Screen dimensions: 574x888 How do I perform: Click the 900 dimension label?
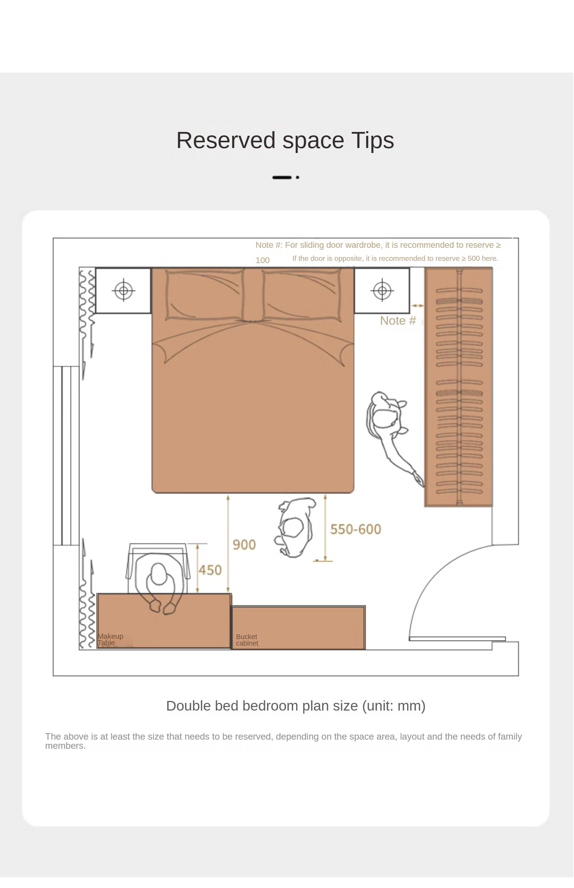click(244, 545)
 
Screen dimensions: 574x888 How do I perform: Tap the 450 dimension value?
click(210, 570)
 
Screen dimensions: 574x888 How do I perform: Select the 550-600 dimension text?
click(355, 529)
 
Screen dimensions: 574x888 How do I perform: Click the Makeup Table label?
click(110, 639)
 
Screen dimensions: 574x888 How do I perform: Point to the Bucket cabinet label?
click(247, 640)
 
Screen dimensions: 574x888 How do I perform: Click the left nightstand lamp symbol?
click(124, 291)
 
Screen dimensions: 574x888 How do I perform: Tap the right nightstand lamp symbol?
click(382, 291)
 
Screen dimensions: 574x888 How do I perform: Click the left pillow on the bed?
click(205, 294)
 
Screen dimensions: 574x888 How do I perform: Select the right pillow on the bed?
click(302, 294)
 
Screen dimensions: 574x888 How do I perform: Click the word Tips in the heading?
click(372, 140)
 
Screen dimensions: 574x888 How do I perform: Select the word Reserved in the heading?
click(226, 140)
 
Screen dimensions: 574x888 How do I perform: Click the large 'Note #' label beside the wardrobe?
click(398, 320)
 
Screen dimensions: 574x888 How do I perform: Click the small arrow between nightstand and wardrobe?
click(417, 306)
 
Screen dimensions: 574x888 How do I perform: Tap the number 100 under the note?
click(263, 260)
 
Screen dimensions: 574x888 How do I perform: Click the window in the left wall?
click(66, 455)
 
